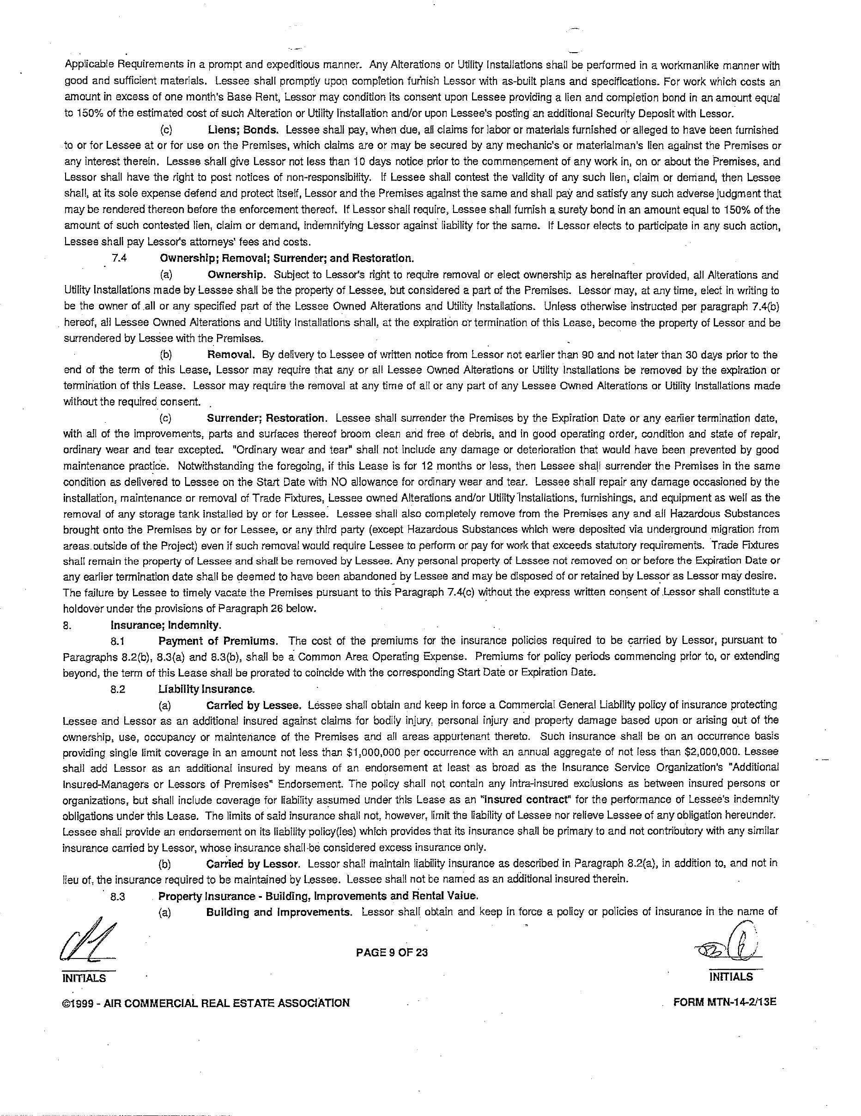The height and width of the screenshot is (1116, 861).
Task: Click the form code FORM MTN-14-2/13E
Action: click(x=725, y=1002)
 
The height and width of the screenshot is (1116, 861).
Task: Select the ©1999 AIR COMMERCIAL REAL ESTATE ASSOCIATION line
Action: click(x=206, y=1002)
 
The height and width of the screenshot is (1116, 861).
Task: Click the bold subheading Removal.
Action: click(x=231, y=354)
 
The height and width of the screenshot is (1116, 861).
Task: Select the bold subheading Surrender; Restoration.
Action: click(x=265, y=418)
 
